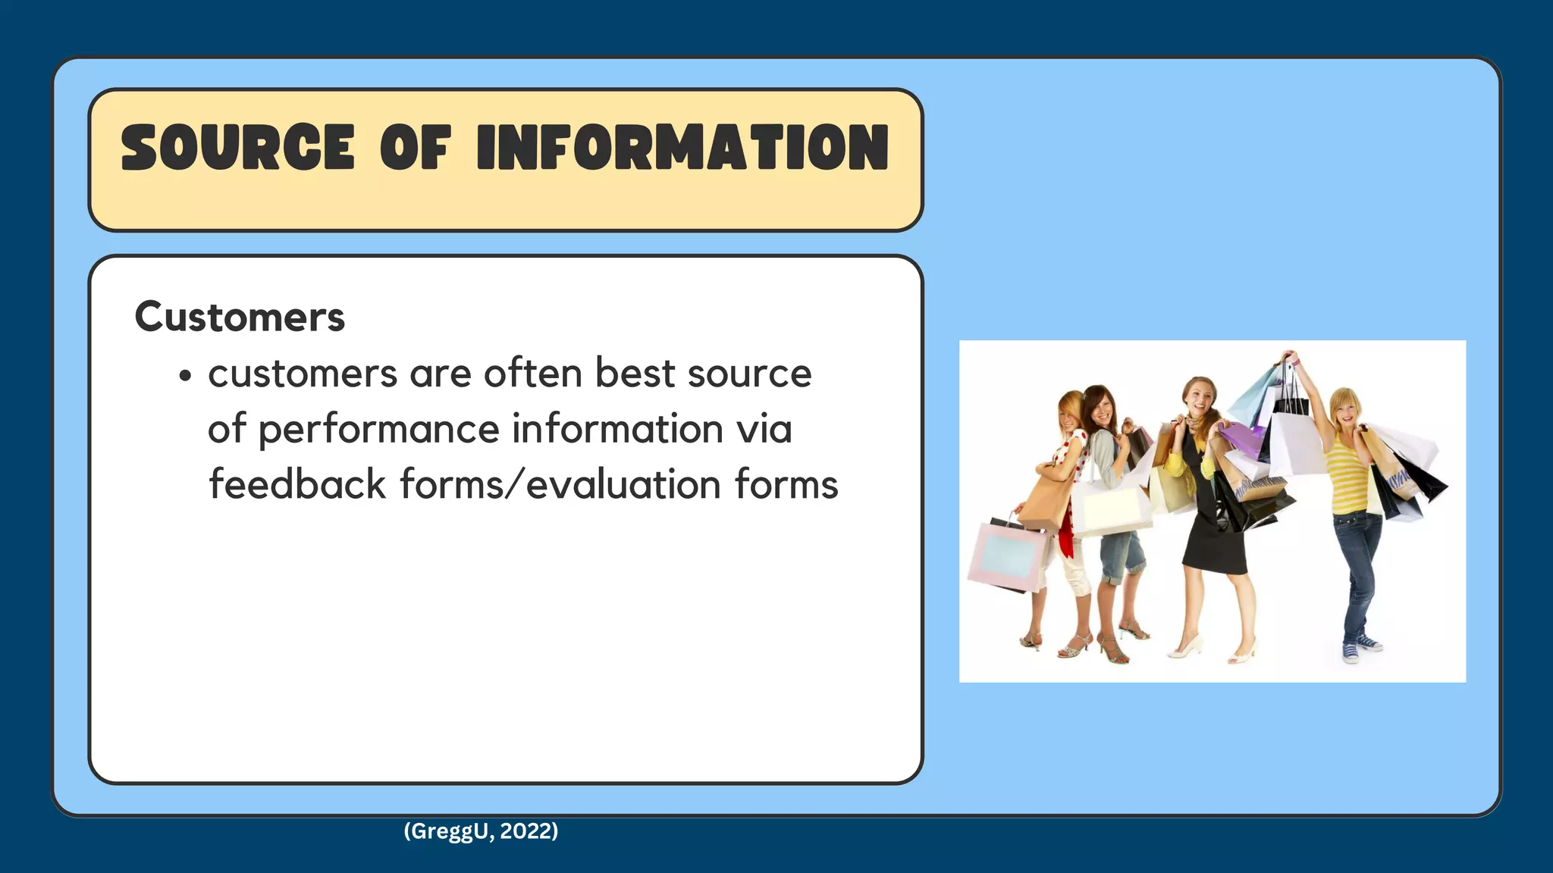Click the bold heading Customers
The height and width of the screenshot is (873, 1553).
pos(240,317)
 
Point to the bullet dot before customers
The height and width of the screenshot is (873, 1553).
pos(186,376)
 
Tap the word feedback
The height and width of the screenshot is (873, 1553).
pos(297,484)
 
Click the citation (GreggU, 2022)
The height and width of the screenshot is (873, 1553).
pos(481,831)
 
